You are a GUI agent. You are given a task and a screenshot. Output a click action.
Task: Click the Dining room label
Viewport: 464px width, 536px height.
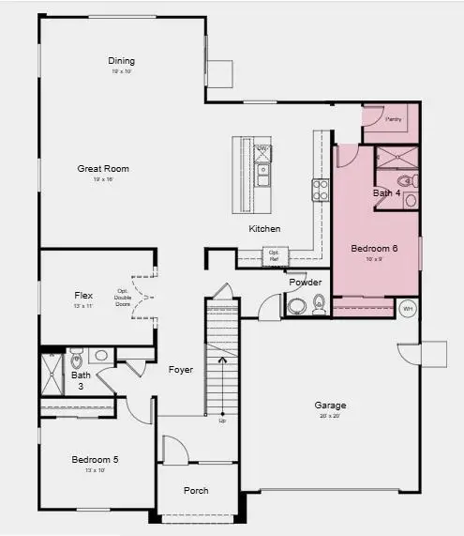click(x=122, y=61)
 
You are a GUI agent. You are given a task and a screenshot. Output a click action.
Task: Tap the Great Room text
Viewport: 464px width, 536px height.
click(x=103, y=169)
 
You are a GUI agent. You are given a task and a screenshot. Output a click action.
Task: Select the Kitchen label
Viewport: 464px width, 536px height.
click(x=264, y=229)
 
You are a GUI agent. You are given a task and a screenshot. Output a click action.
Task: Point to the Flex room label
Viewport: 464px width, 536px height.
click(x=83, y=295)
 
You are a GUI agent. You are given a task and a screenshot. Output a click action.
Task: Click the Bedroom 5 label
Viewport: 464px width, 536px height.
click(x=96, y=460)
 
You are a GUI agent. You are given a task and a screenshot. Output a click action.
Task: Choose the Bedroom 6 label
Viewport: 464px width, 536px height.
click(x=374, y=249)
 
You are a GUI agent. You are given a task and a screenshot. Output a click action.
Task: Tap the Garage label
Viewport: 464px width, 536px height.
click(x=330, y=406)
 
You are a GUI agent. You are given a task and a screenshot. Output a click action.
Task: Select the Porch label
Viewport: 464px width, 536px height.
click(x=196, y=491)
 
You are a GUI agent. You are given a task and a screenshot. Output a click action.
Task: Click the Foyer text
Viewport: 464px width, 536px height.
click(x=181, y=370)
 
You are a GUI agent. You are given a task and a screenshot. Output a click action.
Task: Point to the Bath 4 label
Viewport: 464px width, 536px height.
click(x=385, y=193)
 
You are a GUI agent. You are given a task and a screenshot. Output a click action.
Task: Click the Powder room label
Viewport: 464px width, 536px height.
click(x=305, y=283)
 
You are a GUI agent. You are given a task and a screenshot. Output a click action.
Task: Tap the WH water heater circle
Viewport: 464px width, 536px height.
click(x=408, y=308)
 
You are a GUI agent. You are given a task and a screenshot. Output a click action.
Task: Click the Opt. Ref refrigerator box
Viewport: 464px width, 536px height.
click(x=275, y=254)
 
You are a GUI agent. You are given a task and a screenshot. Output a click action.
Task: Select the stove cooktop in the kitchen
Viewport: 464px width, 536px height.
click(x=320, y=191)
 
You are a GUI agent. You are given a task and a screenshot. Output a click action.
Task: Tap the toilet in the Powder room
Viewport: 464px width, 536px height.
click(x=319, y=303)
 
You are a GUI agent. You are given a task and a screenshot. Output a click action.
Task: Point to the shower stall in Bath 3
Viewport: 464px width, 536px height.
click(x=52, y=371)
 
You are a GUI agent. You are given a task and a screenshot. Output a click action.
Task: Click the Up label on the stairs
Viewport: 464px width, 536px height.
click(x=222, y=420)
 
